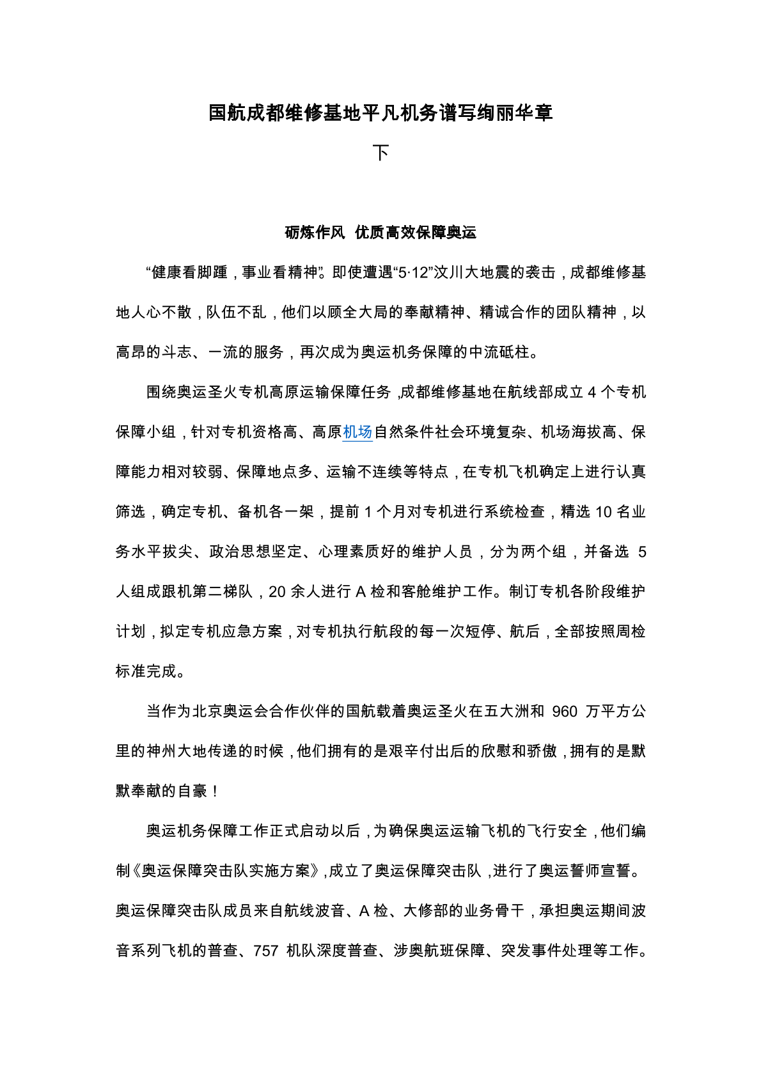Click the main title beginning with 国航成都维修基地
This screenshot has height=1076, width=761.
click(x=380, y=113)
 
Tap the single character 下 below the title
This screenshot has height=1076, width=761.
click(x=380, y=153)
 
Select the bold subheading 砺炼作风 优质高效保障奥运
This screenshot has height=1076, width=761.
click(x=380, y=233)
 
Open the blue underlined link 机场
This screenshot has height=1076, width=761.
click(x=357, y=432)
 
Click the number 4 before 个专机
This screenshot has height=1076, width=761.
click(x=592, y=393)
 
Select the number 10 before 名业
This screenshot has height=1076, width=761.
click(x=604, y=512)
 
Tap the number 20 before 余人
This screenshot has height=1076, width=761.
click(x=277, y=592)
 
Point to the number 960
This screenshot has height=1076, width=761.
click(x=565, y=712)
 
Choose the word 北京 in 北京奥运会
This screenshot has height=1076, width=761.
click(x=207, y=712)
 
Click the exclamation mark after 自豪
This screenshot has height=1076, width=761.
click(x=215, y=791)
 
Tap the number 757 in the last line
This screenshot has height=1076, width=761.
click(x=265, y=951)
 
